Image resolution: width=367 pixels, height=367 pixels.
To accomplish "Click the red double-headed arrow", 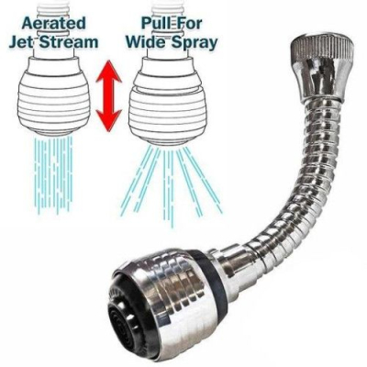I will [109, 96].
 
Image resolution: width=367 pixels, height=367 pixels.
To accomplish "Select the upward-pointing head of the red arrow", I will [109, 72].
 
